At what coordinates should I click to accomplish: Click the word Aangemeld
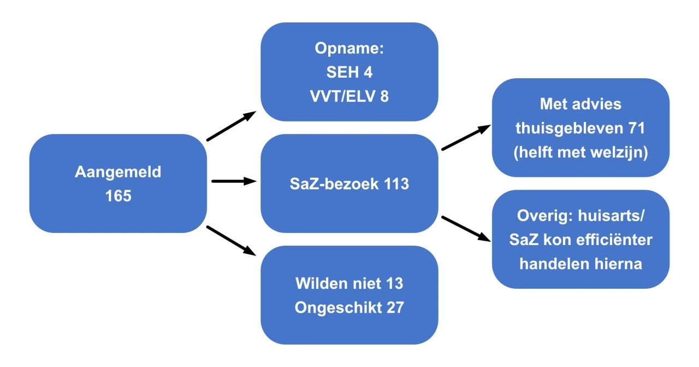pyautogui.click(x=118, y=172)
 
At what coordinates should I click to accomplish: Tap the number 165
pyautogui.click(x=119, y=196)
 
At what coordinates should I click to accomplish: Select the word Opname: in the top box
pyautogui.click(x=349, y=49)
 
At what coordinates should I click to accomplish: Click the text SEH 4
pyautogui.click(x=349, y=72)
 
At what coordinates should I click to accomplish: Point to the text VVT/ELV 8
pyautogui.click(x=349, y=96)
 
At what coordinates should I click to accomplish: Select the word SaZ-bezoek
pyautogui.click(x=334, y=184)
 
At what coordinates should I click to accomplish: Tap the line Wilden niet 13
pyautogui.click(x=349, y=283)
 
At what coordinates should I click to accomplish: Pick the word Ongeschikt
pyautogui.click(x=338, y=308)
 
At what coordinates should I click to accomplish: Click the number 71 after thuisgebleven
pyautogui.click(x=637, y=128)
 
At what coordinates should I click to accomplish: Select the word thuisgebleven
pyautogui.click(x=569, y=129)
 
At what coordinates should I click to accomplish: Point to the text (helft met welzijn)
pyautogui.click(x=580, y=153)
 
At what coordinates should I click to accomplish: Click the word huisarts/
pyautogui.click(x=611, y=215)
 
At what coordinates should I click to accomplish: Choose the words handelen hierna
pyautogui.click(x=580, y=264)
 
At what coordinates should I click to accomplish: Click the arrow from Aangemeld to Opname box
pyautogui.click(x=231, y=126)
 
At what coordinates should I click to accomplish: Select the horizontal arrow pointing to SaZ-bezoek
pyautogui.click(x=234, y=181)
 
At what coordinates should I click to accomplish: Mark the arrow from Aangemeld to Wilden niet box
pyautogui.click(x=231, y=241)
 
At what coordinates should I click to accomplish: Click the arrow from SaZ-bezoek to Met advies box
pyautogui.click(x=466, y=137)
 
